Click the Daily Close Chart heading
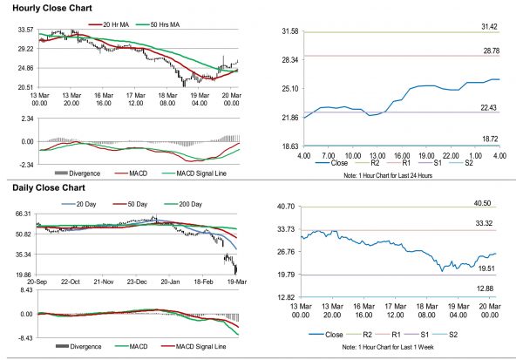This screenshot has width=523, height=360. (x=47, y=187)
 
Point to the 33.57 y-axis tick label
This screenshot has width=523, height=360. (x=25, y=30)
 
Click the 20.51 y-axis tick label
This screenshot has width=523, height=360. (x=25, y=87)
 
